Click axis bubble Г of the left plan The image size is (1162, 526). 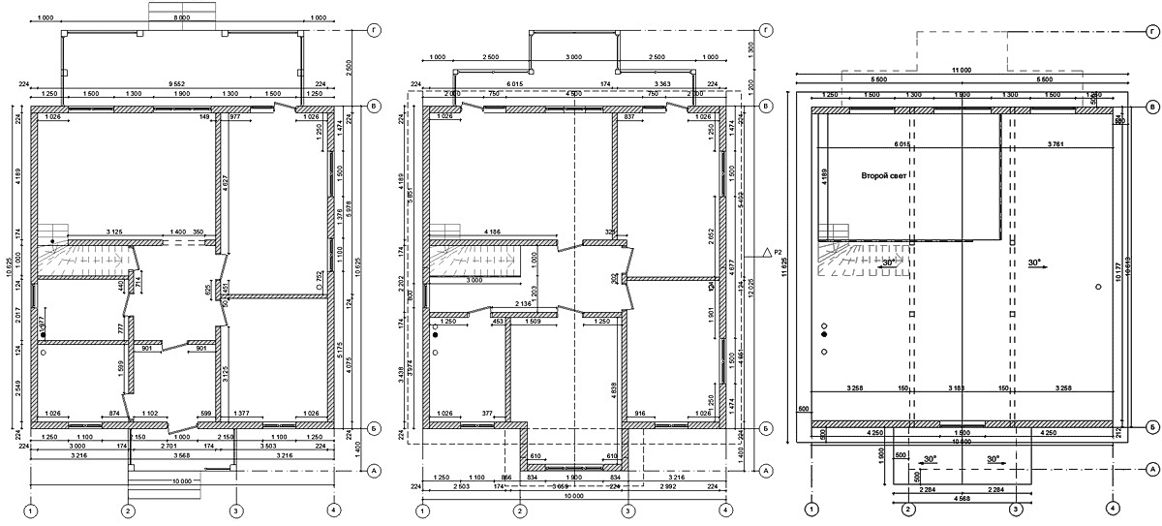[374, 31]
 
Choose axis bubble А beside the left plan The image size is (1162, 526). [374, 471]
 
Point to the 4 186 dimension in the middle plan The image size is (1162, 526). [495, 232]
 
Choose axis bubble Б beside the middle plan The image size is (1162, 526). [765, 426]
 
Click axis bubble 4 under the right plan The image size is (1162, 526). [1114, 508]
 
